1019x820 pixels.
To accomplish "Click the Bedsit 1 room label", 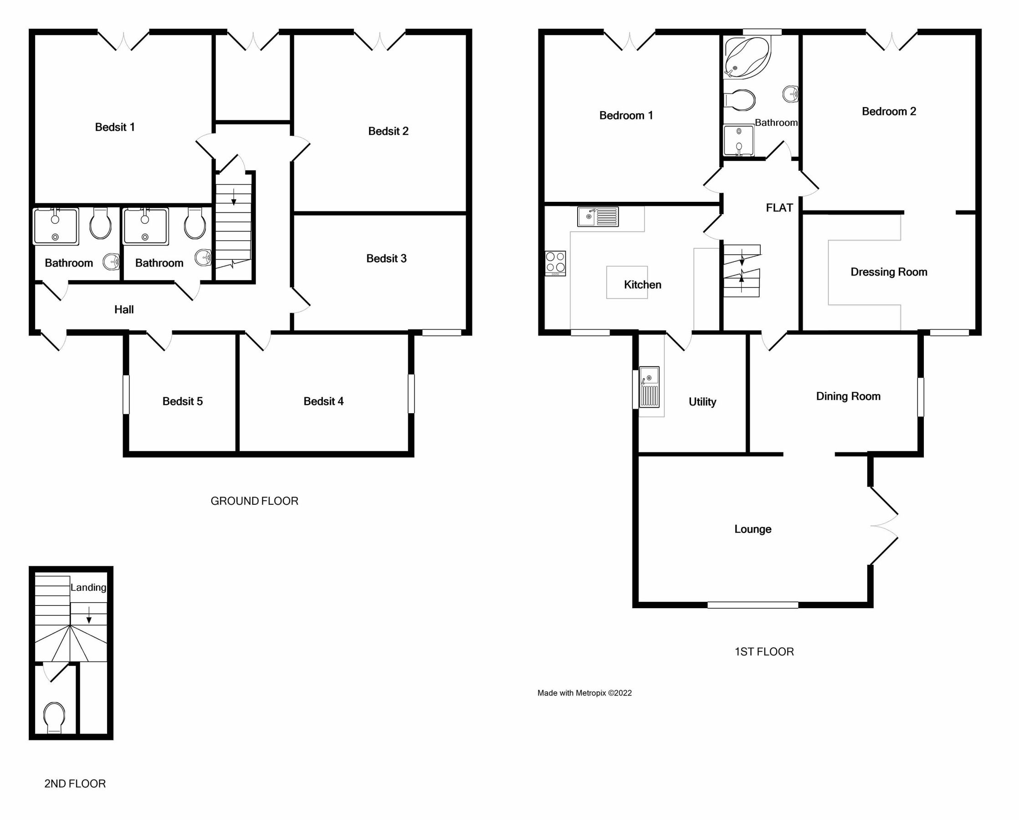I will (x=115, y=127).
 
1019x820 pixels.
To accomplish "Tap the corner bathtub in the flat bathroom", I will (x=746, y=58).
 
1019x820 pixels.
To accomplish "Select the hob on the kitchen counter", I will (x=555, y=263).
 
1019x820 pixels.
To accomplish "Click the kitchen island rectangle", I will (x=627, y=282).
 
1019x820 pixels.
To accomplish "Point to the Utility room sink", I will (x=649, y=387).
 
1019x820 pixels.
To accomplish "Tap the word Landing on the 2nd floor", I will (x=88, y=588).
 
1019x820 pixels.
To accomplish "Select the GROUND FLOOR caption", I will (x=254, y=501).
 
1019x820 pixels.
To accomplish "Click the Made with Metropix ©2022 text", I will (x=584, y=693).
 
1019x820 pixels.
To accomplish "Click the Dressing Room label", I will (x=889, y=272).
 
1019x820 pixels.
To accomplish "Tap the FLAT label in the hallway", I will (x=779, y=208).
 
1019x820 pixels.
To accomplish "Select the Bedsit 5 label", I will (x=183, y=401).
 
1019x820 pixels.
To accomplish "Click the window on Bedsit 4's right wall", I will (x=411, y=394).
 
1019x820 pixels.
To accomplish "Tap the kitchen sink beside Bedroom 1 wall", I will (x=597, y=217).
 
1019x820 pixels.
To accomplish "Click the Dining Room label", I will (x=848, y=396).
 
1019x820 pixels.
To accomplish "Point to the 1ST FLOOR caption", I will (x=764, y=652).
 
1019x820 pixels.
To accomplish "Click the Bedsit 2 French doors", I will (x=379, y=41).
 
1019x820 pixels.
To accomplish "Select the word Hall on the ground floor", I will (x=124, y=310).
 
